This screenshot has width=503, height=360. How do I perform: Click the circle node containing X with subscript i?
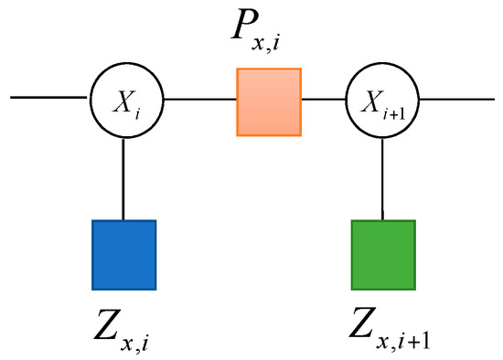click(x=123, y=96)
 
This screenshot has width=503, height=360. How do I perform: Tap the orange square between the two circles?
click(x=270, y=103)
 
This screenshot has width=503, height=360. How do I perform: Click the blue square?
click(x=124, y=253)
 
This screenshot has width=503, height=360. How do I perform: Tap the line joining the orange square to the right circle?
click(x=326, y=96)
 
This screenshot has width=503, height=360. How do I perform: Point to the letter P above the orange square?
click(x=250, y=33)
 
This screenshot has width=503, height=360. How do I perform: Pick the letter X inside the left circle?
click(x=119, y=95)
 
